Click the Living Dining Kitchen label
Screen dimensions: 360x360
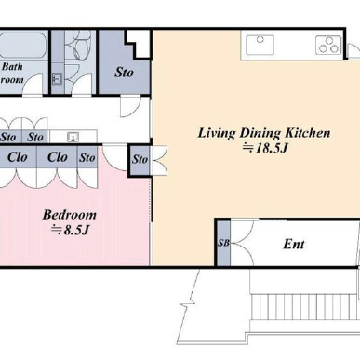coord(264,133)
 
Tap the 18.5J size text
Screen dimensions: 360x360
coord(265,148)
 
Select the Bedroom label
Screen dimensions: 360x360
coord(70,215)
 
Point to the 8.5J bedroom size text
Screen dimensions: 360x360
coord(71,230)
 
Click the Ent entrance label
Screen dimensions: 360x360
coord(294,244)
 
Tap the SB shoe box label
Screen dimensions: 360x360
coord(223,243)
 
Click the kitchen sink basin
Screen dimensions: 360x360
coord(260,45)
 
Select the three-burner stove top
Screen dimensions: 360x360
coord(328,45)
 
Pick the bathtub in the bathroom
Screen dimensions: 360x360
coord(22,46)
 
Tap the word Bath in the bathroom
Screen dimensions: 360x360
coord(12,66)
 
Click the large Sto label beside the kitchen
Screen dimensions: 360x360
coord(124,73)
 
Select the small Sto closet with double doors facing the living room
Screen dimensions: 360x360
coord(140,159)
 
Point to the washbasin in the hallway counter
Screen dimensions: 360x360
coord(73,137)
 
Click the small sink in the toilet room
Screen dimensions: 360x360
coord(58,79)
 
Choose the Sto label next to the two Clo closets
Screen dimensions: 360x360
coord(87,157)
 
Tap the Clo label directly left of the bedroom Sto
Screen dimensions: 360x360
coord(58,157)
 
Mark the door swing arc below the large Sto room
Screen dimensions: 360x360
coord(130,107)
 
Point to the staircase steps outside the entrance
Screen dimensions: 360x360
coord(304,307)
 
